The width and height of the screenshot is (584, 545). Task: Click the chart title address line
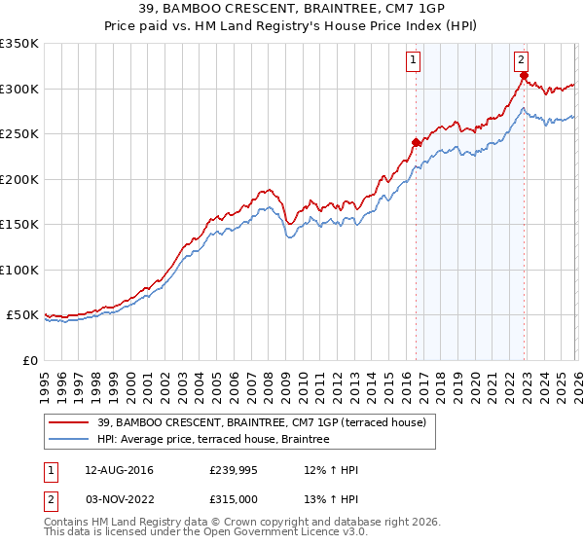291,9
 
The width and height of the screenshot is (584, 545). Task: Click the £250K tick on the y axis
19,134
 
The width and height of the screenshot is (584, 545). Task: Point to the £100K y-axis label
19,270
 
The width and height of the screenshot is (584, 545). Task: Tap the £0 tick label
29,360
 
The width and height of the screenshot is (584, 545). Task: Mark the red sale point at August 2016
416,142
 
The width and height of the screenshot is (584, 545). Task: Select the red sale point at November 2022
523,75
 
